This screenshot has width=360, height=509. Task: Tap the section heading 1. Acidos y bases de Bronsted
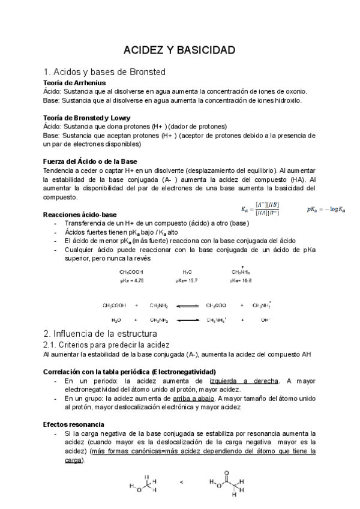[104, 71]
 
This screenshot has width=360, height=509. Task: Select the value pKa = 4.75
[131, 280]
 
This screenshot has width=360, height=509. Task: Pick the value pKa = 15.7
[187, 280]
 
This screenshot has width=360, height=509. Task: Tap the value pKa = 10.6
[241, 280]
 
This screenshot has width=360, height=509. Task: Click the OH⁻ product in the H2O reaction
[265, 320]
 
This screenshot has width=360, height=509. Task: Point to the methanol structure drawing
[143, 484]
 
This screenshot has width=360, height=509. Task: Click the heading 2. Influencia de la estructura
[100, 333]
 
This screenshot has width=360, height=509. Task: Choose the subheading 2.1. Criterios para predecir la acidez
[107, 345]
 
